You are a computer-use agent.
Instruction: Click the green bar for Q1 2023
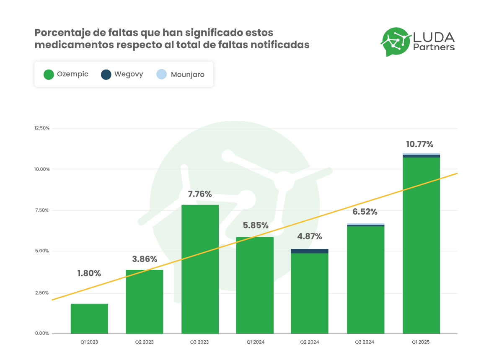pyautogui.click(x=89, y=319)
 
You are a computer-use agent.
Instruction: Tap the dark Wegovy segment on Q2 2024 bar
pyautogui.click(x=310, y=251)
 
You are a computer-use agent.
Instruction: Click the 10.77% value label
pyautogui.click(x=419, y=145)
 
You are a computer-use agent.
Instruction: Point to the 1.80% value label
pyautogui.click(x=89, y=273)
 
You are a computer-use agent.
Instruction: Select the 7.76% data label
pyautogui.click(x=200, y=194)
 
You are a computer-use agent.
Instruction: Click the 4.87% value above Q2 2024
pyautogui.click(x=310, y=236)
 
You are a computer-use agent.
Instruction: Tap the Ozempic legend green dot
pyautogui.click(x=49, y=75)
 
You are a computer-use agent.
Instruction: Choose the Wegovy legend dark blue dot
pyautogui.click(x=106, y=75)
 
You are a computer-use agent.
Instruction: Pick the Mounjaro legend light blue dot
pyautogui.click(x=162, y=75)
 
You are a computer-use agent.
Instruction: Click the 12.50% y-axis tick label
pyautogui.click(x=42, y=128)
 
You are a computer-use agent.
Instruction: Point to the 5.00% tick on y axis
pyautogui.click(x=42, y=251)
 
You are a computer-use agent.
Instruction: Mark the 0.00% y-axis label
pyautogui.click(x=42, y=334)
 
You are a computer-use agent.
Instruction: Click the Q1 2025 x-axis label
pyautogui.click(x=421, y=342)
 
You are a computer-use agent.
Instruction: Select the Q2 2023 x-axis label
pyautogui.click(x=144, y=342)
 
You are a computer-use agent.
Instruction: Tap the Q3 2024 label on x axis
pyautogui.click(x=365, y=342)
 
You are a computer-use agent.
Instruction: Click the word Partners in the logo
pyautogui.click(x=434, y=47)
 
